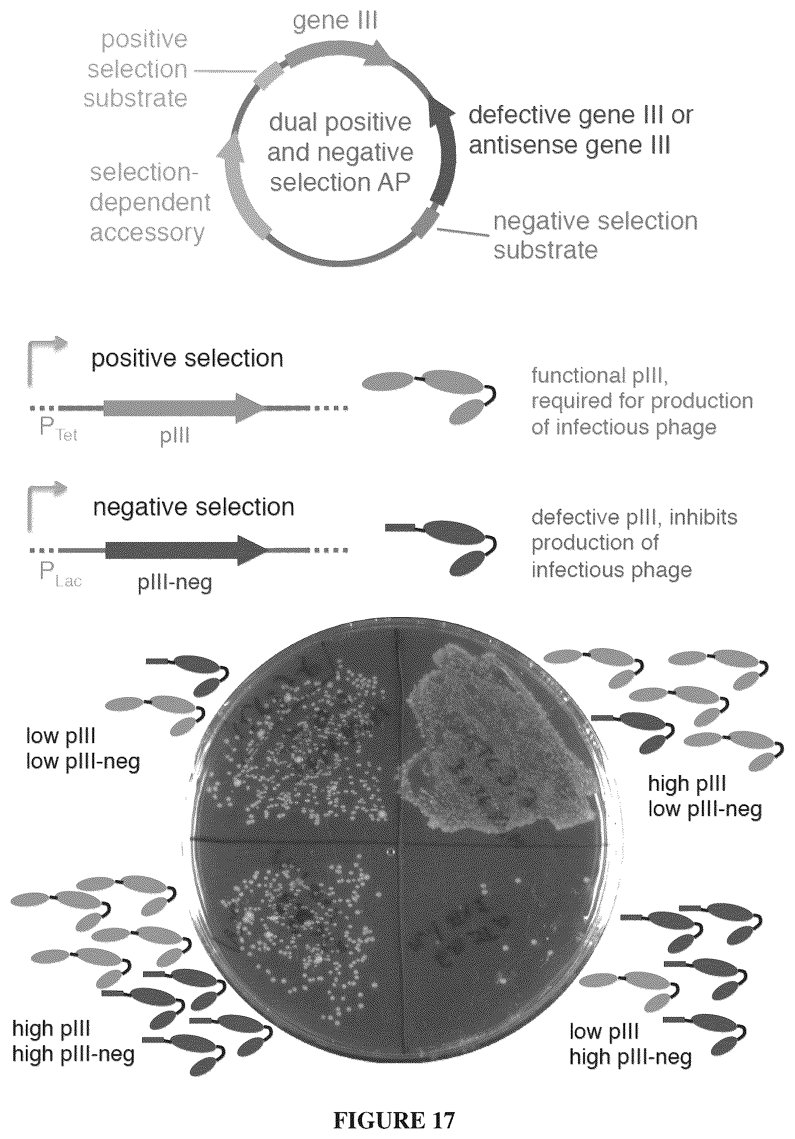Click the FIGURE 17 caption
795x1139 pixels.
point(394,1106)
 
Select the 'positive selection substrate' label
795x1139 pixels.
point(136,69)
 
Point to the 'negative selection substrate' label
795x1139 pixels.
point(595,236)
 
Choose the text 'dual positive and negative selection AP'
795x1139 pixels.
point(340,152)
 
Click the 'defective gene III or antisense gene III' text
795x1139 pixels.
point(580,130)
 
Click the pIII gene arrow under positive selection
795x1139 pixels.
point(184,407)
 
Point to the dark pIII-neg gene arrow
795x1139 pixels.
point(186,550)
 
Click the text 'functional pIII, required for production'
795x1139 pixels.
point(642,389)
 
